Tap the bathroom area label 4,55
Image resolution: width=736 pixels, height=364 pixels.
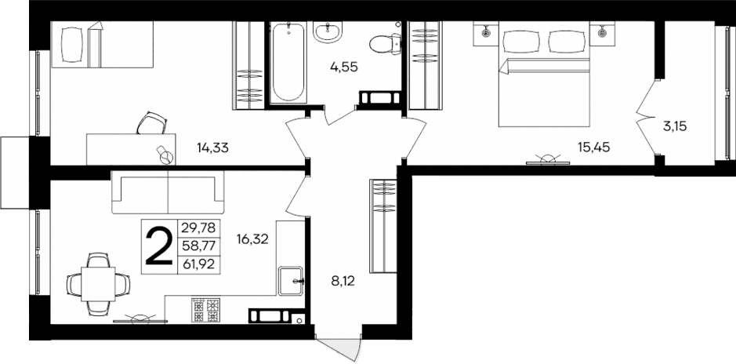343,67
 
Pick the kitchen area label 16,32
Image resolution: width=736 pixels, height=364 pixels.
252,239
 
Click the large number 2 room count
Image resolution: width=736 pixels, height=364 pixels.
159,246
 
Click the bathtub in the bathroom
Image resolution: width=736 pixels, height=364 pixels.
288,64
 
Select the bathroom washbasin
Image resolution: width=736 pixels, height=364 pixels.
327,32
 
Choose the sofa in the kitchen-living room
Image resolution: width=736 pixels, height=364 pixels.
168,192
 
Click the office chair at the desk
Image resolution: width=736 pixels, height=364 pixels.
151,123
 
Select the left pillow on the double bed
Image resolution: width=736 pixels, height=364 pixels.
520,42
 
